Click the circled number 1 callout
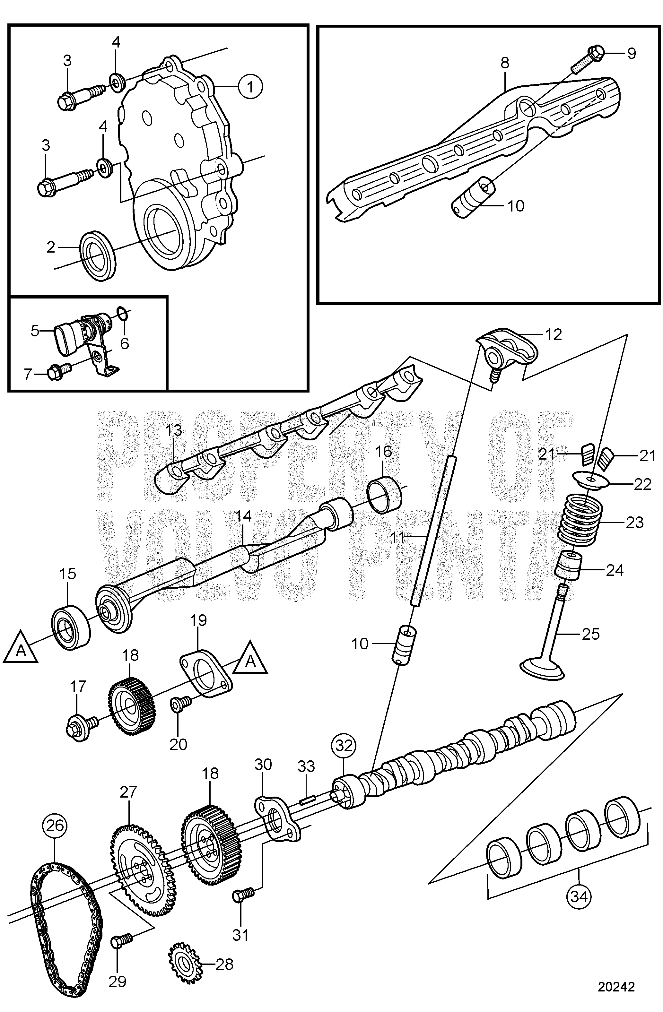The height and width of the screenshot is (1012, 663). point(250,86)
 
